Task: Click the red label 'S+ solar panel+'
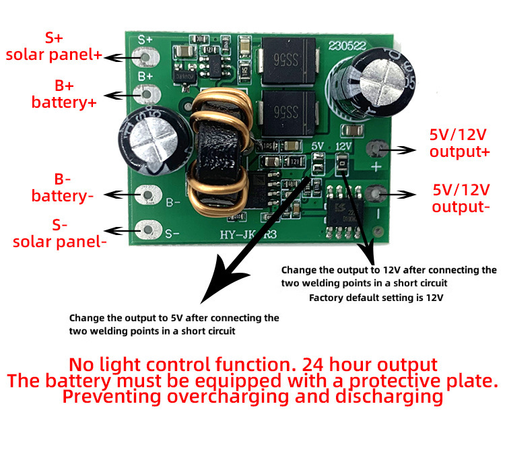click(x=53, y=46)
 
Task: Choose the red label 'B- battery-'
click(x=63, y=188)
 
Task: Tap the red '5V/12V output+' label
click(x=460, y=143)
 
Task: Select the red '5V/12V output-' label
click(x=461, y=197)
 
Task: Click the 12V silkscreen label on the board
click(x=344, y=145)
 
